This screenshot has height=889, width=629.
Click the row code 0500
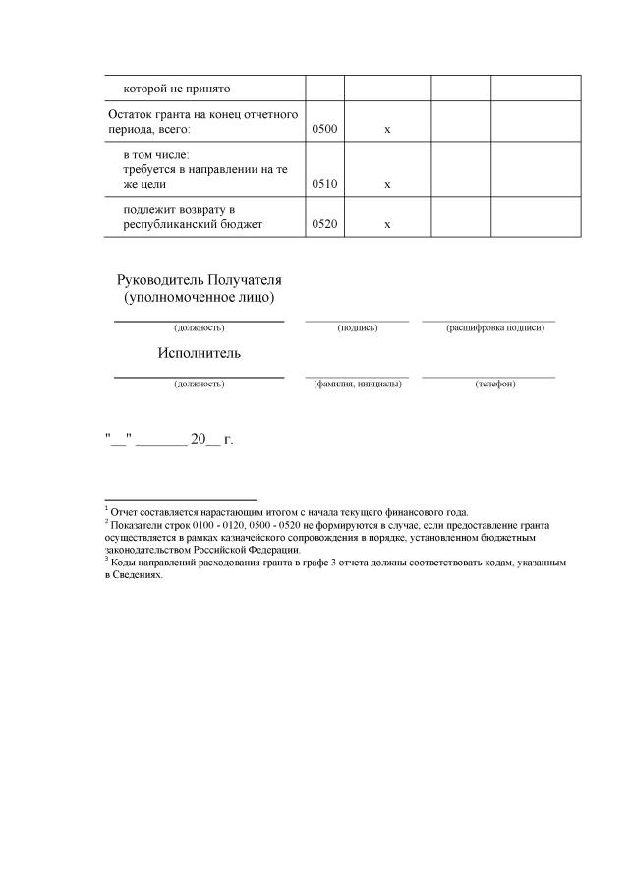[324, 130]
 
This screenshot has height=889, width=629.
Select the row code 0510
[324, 184]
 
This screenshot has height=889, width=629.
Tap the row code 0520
[324, 224]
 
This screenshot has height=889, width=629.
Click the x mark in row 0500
[387, 130]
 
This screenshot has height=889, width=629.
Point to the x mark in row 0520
[387, 224]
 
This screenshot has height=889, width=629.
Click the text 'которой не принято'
[176, 89]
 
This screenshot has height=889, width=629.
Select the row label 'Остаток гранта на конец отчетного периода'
[202, 122]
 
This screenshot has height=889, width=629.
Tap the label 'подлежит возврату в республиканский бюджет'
[193, 217]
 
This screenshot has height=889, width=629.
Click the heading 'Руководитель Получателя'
[199, 279]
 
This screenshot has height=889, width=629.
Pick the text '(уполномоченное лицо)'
[199, 296]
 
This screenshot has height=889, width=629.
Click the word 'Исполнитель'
[199, 353]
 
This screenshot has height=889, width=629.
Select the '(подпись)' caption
[357, 327]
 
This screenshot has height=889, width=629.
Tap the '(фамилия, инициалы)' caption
[357, 384]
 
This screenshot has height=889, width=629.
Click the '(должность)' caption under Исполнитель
[200, 384]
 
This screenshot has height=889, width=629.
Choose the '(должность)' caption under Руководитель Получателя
[200, 327]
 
